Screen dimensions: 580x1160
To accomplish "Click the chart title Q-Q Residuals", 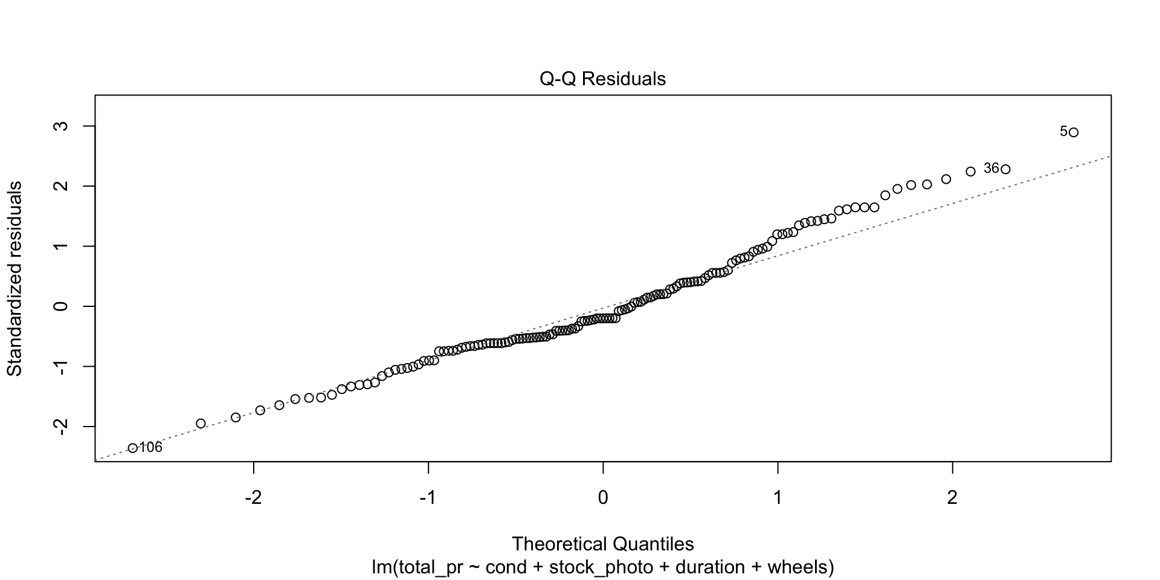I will click(x=602, y=79).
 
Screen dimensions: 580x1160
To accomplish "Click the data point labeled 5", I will click(x=1073, y=132).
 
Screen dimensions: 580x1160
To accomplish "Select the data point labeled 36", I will click(x=1005, y=169).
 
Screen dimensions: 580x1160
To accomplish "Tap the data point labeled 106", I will click(x=133, y=448).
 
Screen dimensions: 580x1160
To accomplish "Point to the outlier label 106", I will click(x=150, y=448).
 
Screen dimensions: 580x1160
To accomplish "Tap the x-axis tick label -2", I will click(x=253, y=498).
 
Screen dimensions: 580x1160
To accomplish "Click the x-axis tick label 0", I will click(x=603, y=498).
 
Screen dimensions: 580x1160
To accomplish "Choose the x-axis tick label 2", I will click(x=952, y=498).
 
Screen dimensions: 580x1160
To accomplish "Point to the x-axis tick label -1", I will click(x=428, y=498).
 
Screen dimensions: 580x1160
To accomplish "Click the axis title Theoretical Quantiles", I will click(x=602, y=544).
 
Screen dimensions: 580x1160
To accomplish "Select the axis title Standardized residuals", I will click(x=14, y=279).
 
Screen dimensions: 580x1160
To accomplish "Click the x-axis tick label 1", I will click(x=778, y=498).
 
